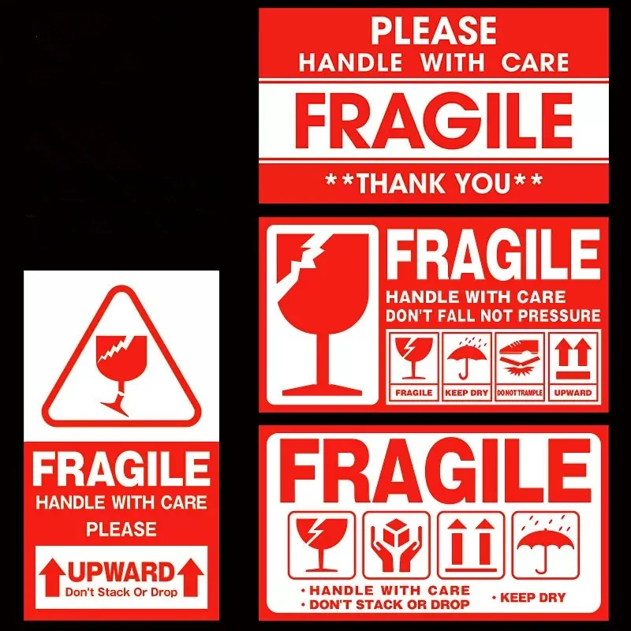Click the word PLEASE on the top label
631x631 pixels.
click(433, 31)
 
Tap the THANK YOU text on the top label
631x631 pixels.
click(434, 183)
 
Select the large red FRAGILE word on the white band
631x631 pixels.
click(433, 121)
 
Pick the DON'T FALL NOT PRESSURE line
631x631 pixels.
click(492, 316)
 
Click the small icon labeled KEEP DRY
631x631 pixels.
click(467, 365)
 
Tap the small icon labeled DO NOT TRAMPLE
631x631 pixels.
click(519, 365)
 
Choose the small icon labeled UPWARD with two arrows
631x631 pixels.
click(573, 365)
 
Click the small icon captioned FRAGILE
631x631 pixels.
click(413, 365)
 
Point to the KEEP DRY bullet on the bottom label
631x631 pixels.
click(533, 598)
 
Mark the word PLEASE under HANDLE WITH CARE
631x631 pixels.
click(121, 528)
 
